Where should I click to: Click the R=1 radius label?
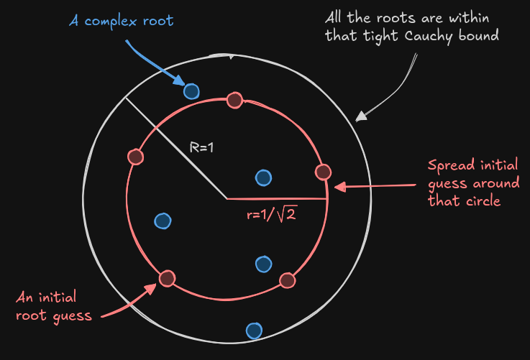click(202, 147)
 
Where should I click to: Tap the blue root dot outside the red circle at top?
click(191, 91)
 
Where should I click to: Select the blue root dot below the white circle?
click(254, 331)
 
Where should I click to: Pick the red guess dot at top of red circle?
click(234, 101)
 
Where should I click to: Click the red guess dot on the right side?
click(323, 172)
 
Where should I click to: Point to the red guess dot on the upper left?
click(134, 156)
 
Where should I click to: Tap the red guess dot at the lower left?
click(167, 278)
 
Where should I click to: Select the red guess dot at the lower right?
click(287, 280)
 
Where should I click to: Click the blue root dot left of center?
click(163, 221)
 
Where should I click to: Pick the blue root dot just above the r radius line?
click(263, 177)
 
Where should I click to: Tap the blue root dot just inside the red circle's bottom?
click(263, 264)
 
